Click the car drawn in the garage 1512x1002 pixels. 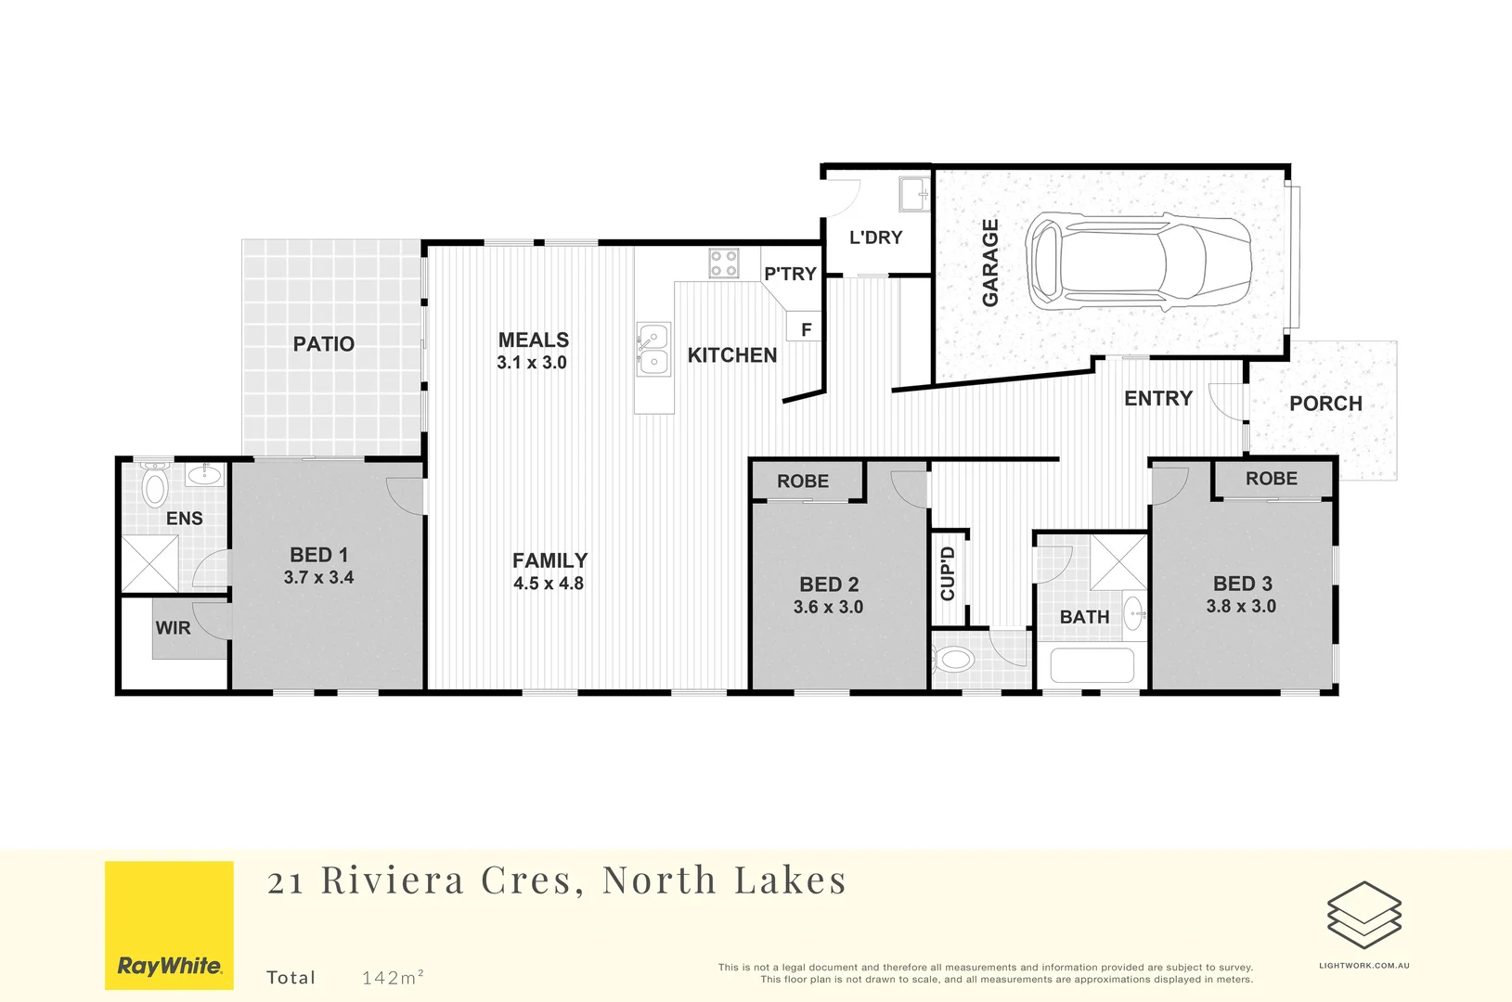click(1139, 262)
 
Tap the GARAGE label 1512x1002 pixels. click(990, 263)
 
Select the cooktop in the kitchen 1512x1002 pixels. click(724, 263)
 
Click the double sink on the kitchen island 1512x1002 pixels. click(653, 350)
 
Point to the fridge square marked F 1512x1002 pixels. click(806, 328)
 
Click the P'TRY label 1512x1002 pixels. click(790, 274)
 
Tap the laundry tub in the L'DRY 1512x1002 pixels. click(913, 195)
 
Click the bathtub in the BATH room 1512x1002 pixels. click(1092, 665)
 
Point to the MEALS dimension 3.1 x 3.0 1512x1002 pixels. click(532, 363)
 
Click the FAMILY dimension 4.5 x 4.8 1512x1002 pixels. click(549, 584)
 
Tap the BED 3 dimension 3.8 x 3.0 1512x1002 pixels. click(1241, 606)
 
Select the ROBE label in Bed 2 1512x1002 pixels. click(803, 482)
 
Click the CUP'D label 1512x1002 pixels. click(948, 573)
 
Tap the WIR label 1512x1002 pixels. click(174, 628)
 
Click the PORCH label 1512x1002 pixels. click(1325, 404)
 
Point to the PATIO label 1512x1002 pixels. click(324, 344)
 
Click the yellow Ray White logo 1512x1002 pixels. click(169, 925)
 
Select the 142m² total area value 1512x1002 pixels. click(393, 977)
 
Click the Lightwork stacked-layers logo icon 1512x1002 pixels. click(1363, 915)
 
